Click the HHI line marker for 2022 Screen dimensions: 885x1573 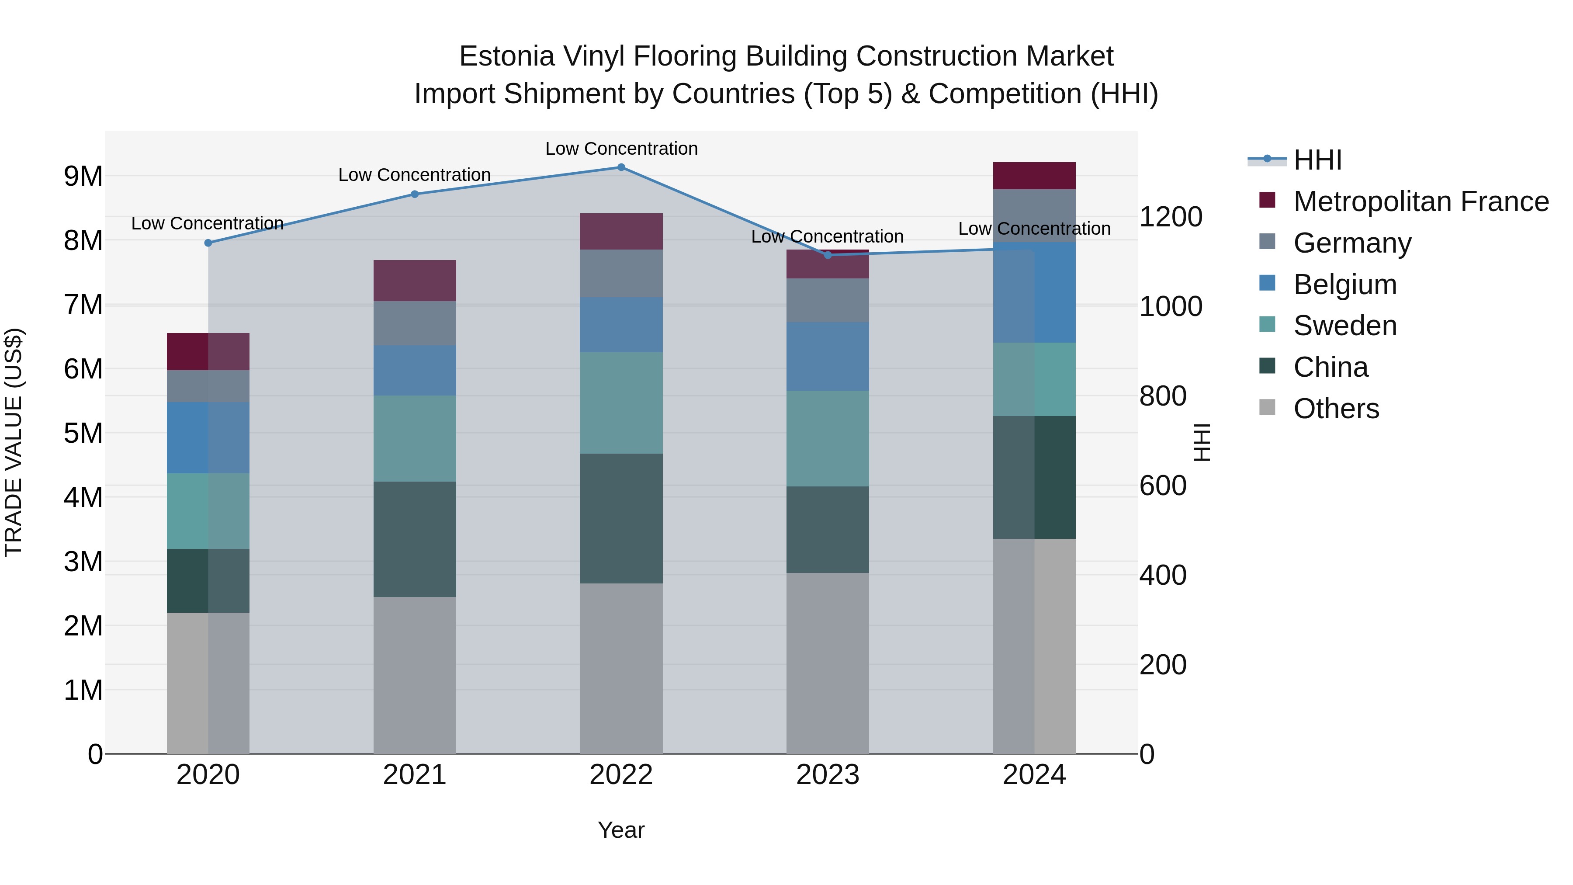click(621, 167)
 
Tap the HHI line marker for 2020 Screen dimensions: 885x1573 click(208, 243)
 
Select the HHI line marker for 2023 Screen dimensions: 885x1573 click(828, 255)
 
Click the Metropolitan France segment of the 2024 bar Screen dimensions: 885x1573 click(1034, 176)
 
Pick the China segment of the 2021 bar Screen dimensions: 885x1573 click(415, 539)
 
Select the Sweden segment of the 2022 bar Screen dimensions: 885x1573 click(621, 403)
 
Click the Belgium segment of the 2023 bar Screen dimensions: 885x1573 click(828, 357)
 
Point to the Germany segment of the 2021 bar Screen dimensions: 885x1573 click(415, 323)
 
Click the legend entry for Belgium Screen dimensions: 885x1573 click(1344, 285)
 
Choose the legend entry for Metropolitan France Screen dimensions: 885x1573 click(1421, 201)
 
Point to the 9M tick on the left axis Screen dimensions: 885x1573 click(83, 177)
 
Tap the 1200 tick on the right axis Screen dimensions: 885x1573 click(1171, 217)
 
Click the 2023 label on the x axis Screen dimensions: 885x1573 click(828, 775)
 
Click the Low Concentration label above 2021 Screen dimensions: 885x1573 click(415, 175)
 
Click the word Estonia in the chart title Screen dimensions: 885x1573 click(506, 57)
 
